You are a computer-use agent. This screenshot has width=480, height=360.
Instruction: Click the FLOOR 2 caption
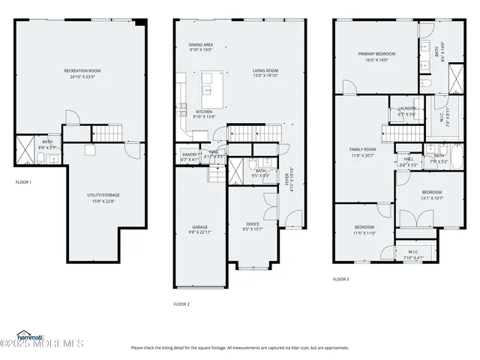pos(181,304)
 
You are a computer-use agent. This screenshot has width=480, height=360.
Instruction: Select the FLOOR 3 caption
pos(341,279)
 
